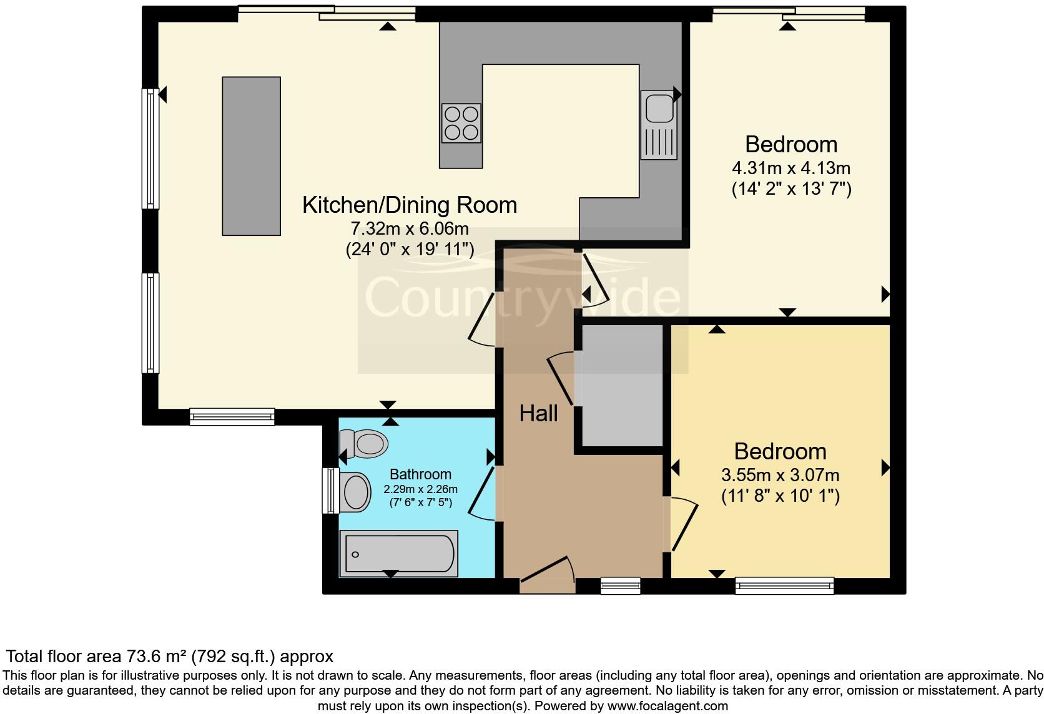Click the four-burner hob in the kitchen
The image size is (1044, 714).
pos(461,123)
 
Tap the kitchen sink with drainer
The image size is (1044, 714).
pos(659,125)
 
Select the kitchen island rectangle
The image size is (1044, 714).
pos(251,156)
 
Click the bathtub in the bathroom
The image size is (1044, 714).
pos(398,554)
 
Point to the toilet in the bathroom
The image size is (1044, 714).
pos(364,443)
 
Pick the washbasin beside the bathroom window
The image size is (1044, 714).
pos(355,492)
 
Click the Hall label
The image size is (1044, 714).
pos(538,414)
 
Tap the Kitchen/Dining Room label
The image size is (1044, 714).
pos(410,205)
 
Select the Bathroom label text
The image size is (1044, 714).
pos(420,474)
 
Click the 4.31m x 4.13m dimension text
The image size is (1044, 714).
pos(791,168)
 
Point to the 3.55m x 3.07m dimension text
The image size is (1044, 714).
pos(781,475)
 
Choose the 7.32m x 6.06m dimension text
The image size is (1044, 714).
pos(410,228)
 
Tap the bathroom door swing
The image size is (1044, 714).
pos(482,494)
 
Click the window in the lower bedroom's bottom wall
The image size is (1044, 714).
pos(785,586)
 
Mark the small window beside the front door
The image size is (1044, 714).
pos(620,586)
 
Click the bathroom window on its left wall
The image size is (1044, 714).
pos(331,491)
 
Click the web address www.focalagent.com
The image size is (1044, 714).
pos(667,706)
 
